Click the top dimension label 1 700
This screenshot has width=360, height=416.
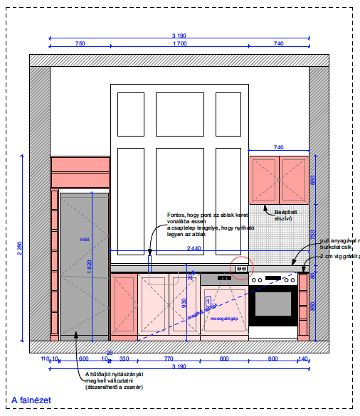coord(179,44)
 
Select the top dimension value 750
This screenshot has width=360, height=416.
coord(80,44)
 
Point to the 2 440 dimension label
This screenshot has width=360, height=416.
coord(194,248)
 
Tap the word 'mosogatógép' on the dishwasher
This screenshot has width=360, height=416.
coord(223,318)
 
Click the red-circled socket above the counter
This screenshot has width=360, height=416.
coord(242,269)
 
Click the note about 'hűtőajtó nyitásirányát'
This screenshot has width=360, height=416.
coord(115,380)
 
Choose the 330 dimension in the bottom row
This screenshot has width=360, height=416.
coord(124,358)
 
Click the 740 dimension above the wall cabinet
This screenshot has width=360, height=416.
coord(279,147)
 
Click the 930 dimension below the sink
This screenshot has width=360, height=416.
coord(185,302)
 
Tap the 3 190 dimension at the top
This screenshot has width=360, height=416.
coord(179,36)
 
